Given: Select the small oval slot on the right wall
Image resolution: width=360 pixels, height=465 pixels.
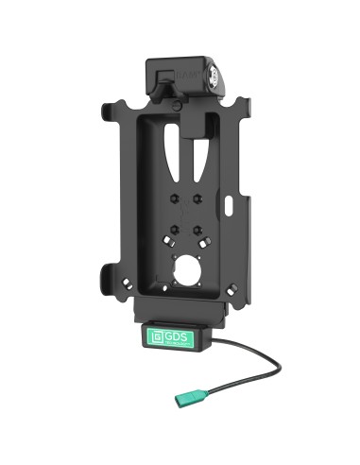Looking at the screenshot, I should tap(232, 201).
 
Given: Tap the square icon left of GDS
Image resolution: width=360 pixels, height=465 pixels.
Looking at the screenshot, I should tap(157, 335).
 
